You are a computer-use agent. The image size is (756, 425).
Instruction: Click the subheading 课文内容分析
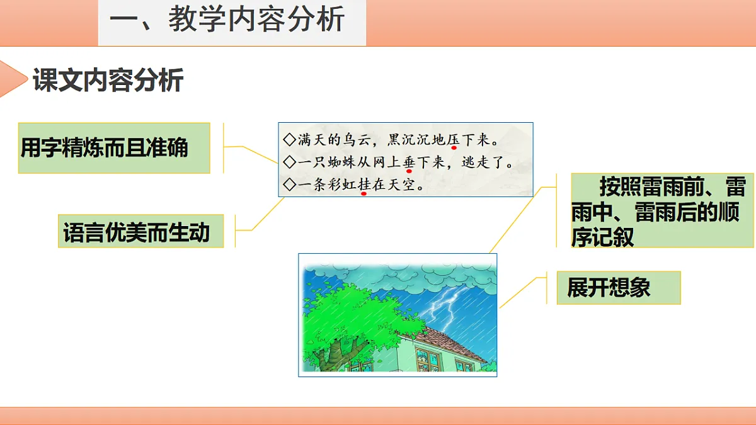(x=108, y=81)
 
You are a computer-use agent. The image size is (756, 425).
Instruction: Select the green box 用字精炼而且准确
(x=113, y=148)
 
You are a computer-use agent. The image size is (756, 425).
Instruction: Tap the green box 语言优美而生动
(x=140, y=231)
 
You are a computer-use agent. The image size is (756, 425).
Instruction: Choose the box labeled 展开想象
(x=617, y=288)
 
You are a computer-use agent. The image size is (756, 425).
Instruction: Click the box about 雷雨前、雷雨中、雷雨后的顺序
(x=661, y=211)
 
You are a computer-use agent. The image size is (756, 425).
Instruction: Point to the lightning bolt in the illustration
(x=445, y=305)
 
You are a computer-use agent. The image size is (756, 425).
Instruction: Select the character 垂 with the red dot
(x=408, y=162)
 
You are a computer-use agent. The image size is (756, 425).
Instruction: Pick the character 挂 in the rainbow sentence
(x=364, y=185)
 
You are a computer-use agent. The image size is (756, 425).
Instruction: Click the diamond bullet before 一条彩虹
(x=289, y=185)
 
